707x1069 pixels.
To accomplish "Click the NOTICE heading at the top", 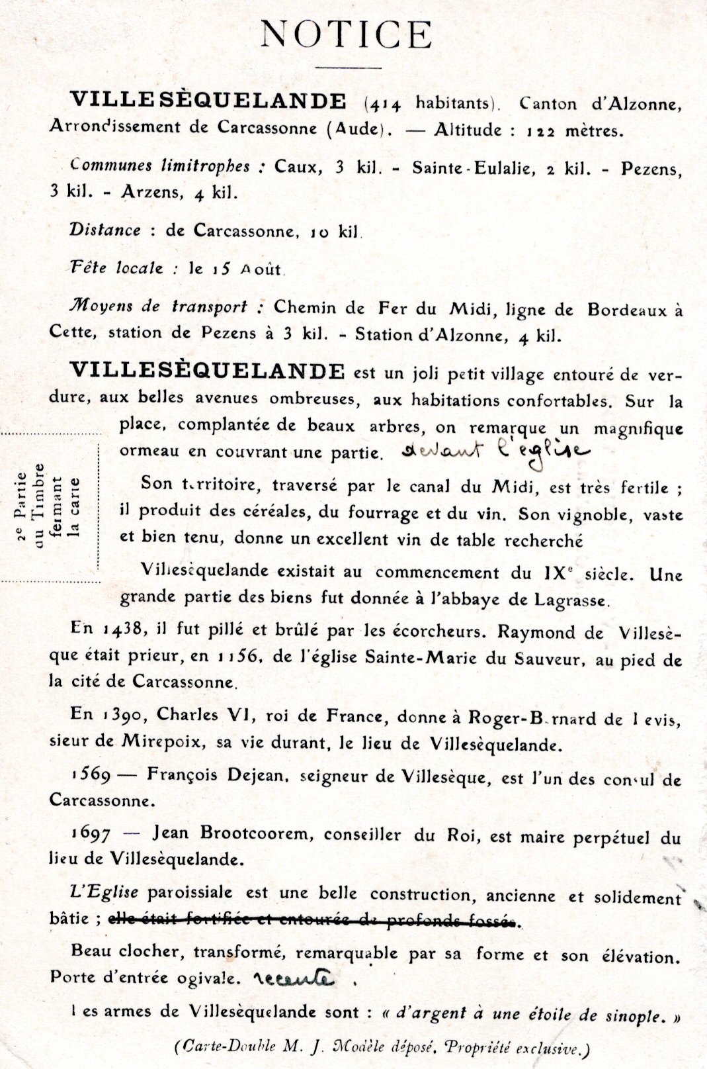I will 347,34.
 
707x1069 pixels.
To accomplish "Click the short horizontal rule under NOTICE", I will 349,67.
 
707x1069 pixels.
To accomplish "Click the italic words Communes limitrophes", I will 160,165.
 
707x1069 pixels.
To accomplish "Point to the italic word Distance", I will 105,230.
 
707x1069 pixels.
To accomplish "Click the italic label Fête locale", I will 116,269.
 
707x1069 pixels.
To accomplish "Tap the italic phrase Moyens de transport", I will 159,306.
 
